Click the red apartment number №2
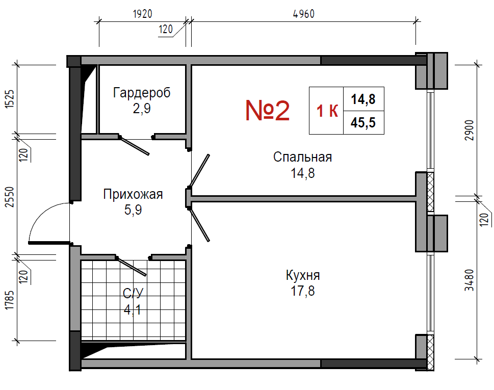pos(267,111)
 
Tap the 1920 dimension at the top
pos(142,14)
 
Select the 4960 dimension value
pos(304,14)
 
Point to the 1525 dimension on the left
pos(10,99)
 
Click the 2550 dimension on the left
pos(10,197)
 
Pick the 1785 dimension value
pos(10,300)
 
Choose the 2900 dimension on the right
pos(470,131)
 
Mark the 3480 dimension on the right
pos(470,280)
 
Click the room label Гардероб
pos(142,93)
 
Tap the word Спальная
pos(302,157)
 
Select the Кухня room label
pos(303,275)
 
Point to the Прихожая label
pos(133,194)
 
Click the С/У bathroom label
pos(133,293)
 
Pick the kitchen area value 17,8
pos(302,291)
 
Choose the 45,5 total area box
pos(363,122)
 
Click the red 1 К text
pos(327,111)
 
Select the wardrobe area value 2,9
pos(142,109)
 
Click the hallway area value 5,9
pos(133,210)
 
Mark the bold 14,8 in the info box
pos(363,99)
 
